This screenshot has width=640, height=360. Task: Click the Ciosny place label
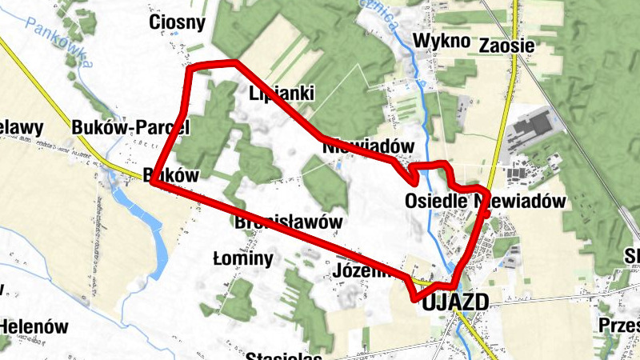pos(178,22)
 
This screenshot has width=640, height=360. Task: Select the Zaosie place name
pos(506,46)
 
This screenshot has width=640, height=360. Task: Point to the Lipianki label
pos(281,93)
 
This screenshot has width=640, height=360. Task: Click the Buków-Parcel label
pos(130,126)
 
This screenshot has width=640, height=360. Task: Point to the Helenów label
pos(34,326)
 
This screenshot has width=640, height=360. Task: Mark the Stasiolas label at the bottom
pos(284,356)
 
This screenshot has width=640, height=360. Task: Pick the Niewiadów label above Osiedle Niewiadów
pos(369,147)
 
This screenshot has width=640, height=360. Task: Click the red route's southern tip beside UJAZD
pos(416,298)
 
